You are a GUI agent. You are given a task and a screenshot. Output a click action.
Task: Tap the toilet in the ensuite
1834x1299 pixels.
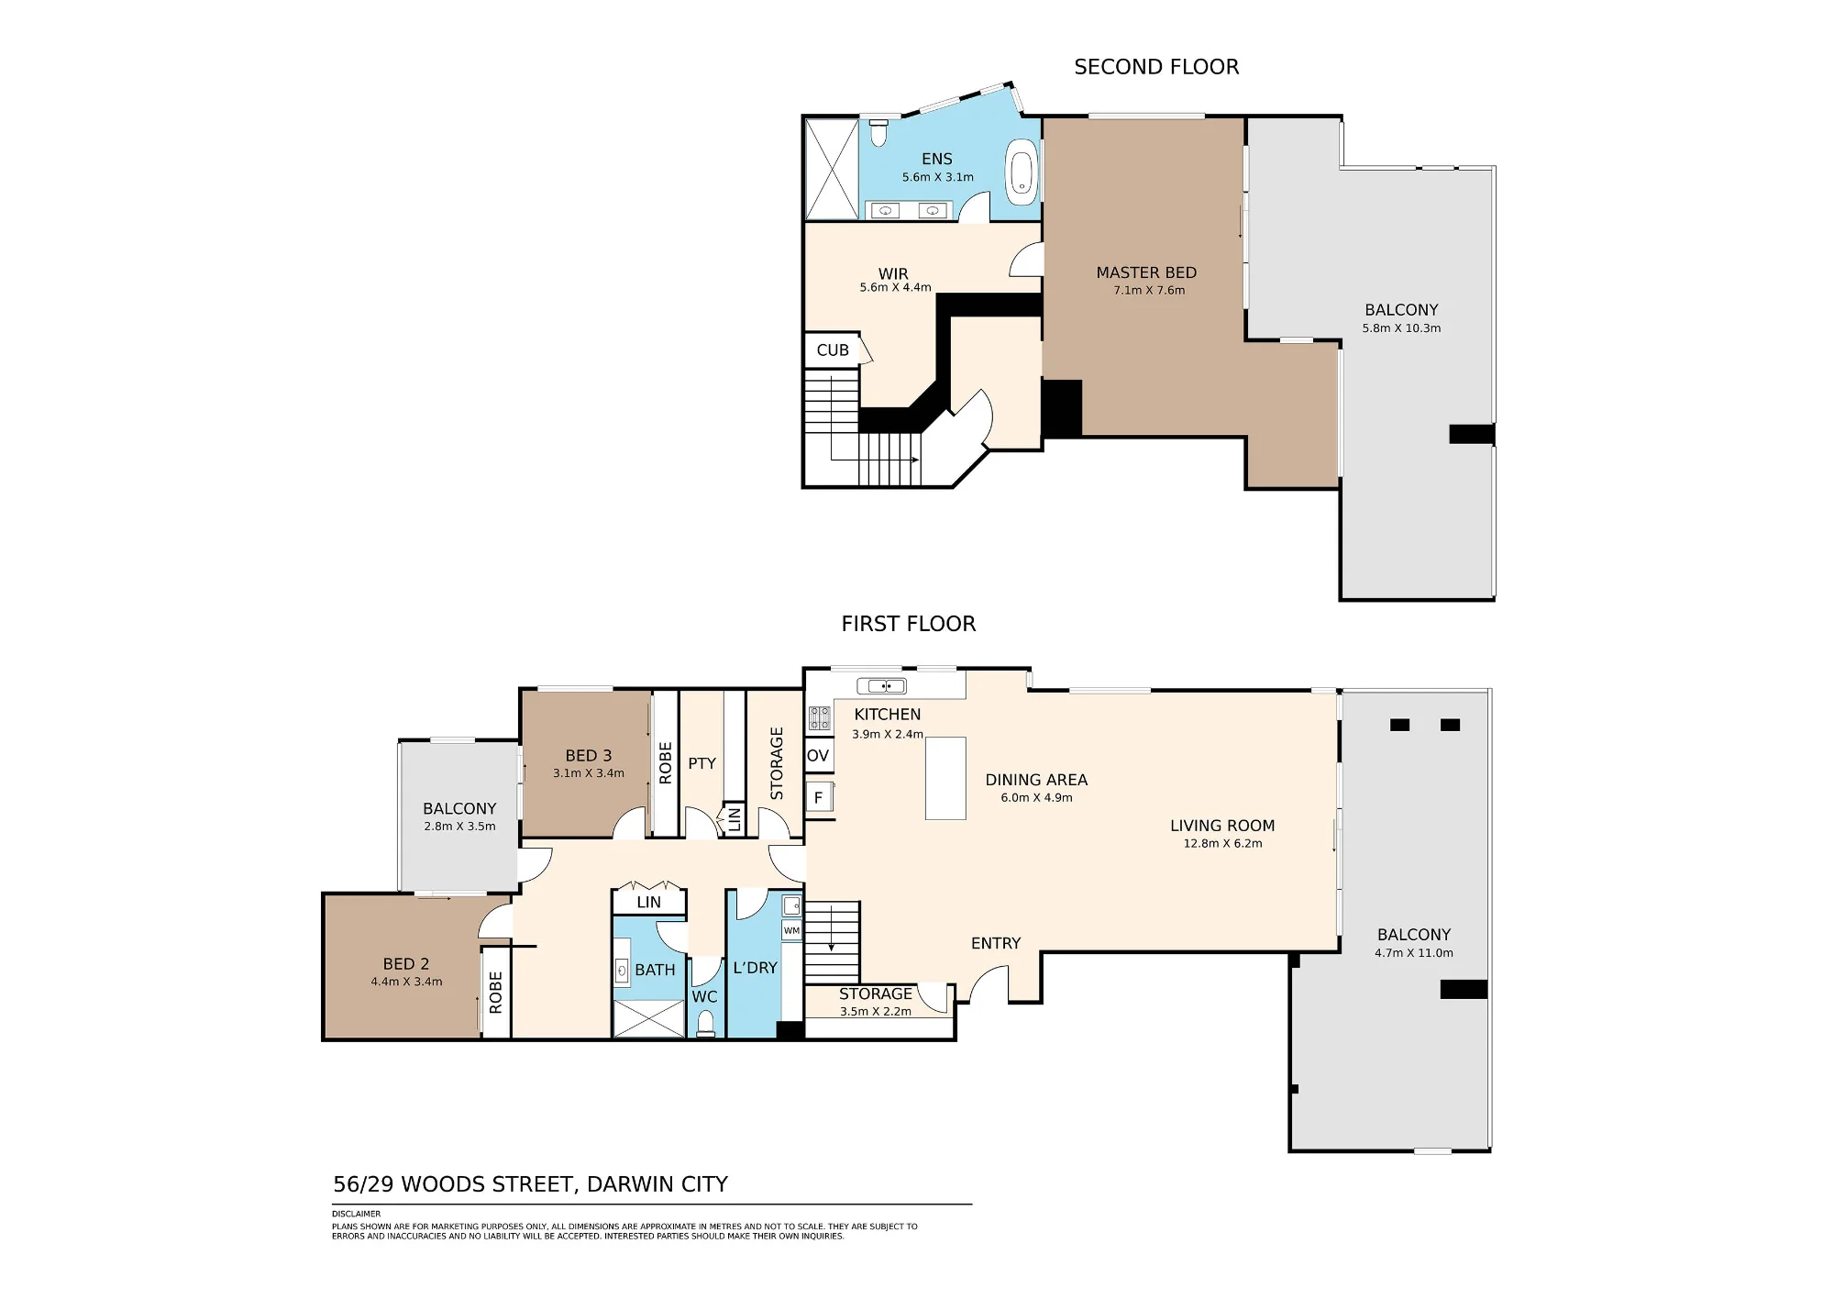point(878,133)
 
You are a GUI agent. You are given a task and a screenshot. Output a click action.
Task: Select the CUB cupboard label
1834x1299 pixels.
point(833,350)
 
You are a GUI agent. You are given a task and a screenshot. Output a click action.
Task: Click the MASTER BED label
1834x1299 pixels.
point(1146,272)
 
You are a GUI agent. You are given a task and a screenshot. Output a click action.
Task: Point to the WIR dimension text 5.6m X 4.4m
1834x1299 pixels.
point(895,288)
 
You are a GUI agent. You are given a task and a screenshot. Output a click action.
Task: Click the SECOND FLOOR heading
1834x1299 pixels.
point(1156,67)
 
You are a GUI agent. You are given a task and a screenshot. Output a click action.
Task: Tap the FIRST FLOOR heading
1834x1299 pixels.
point(909,624)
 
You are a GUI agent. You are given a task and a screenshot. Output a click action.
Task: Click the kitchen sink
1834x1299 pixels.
point(881,685)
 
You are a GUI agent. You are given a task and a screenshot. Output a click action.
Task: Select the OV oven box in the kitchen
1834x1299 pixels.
point(819,756)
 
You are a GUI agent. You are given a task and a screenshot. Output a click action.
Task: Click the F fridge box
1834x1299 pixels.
point(819,797)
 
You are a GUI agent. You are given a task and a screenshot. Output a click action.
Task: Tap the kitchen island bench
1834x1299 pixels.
point(945,778)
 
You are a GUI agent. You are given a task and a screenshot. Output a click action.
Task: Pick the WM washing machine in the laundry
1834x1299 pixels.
point(791,930)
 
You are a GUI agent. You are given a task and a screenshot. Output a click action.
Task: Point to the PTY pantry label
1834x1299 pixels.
point(702,763)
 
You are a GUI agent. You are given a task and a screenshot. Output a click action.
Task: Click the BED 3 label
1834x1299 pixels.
point(588,756)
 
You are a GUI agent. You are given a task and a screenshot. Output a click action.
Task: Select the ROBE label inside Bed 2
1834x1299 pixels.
point(496,993)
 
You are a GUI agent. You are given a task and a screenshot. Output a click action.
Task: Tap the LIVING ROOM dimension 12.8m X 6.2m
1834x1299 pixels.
point(1222,844)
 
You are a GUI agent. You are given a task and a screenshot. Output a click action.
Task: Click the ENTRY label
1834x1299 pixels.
point(996,943)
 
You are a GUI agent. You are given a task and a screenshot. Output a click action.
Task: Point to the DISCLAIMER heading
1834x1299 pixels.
point(357,1214)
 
